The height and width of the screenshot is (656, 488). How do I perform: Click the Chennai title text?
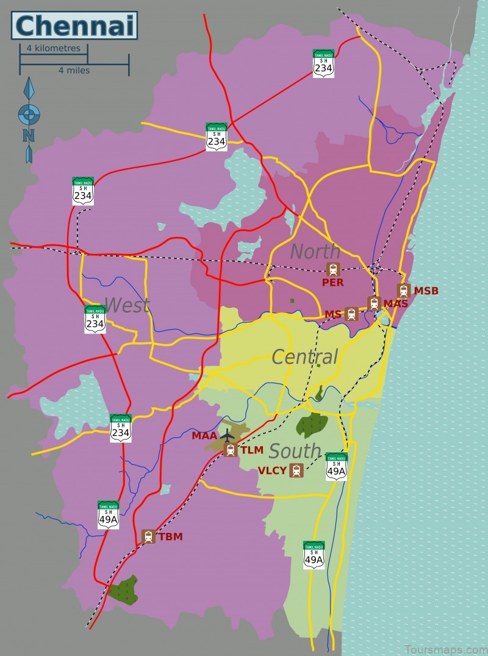[74, 26]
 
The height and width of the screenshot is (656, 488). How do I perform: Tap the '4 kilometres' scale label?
[53, 48]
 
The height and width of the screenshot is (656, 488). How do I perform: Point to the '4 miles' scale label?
[74, 70]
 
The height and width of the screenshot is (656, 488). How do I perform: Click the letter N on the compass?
[29, 135]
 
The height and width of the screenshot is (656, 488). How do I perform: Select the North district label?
[315, 251]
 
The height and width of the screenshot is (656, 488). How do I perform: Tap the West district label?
[126, 305]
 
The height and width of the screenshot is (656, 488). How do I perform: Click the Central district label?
[304, 357]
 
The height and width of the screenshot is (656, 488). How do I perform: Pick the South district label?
[295, 451]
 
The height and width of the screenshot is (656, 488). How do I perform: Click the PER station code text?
[333, 283]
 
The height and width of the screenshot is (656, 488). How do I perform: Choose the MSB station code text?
[426, 291]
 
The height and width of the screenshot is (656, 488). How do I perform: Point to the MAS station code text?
[395, 304]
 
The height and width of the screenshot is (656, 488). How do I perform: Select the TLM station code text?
[251, 451]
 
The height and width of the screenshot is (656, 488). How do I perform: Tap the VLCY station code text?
[271, 471]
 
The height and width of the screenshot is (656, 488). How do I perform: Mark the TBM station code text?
[170, 537]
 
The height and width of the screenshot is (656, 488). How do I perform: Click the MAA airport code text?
[204, 436]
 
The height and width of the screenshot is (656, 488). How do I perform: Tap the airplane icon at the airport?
[228, 435]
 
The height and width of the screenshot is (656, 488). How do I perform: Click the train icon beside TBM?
[148, 537]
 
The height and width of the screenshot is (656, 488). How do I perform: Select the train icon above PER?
[333, 269]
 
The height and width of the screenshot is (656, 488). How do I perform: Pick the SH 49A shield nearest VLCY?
[336, 467]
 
